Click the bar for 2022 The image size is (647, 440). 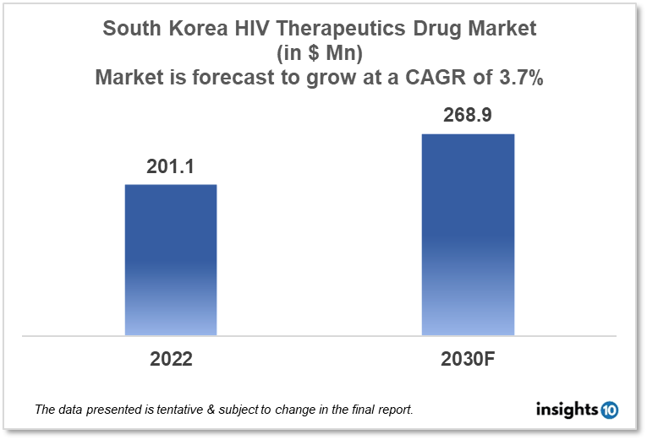171,259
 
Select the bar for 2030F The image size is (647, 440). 468,234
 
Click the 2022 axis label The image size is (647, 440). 171,359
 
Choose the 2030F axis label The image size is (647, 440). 467,359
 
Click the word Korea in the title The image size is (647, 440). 187,29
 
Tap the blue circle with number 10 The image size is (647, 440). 609,410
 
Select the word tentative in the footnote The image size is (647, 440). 183,410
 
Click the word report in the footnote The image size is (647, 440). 393,410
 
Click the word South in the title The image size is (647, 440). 129,29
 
